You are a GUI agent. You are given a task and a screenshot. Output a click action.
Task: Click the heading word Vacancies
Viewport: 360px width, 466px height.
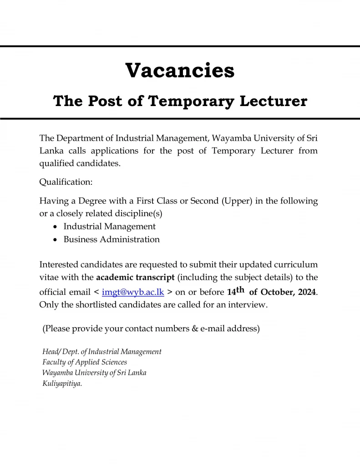[x=180, y=71]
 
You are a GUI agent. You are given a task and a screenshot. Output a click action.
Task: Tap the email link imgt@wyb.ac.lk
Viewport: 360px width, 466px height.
[x=133, y=292]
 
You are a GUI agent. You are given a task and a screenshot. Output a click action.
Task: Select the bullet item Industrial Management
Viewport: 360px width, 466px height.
[x=109, y=226]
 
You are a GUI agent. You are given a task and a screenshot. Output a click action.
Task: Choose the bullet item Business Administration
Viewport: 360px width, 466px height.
[x=112, y=239]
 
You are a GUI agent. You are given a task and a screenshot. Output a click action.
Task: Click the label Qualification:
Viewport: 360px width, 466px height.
[x=66, y=182]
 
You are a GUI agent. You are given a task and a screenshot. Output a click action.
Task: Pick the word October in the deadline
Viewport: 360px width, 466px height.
[x=277, y=292]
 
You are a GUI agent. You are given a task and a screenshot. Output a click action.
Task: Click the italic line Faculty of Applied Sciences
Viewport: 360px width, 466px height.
[x=85, y=362]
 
